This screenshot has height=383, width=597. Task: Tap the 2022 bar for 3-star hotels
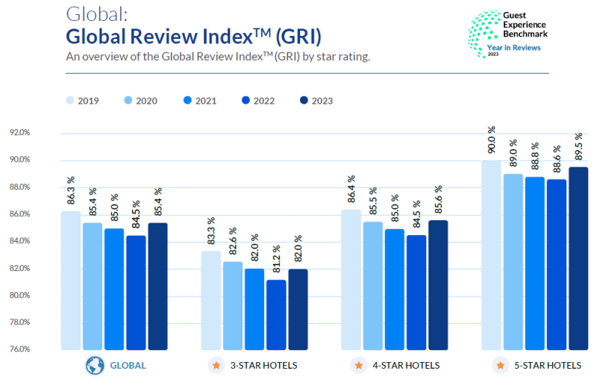tap(276, 314)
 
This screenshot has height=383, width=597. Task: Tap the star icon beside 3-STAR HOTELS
tap(216, 366)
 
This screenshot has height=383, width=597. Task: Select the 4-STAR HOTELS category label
tap(406, 366)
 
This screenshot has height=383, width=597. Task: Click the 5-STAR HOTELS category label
tap(547, 366)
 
